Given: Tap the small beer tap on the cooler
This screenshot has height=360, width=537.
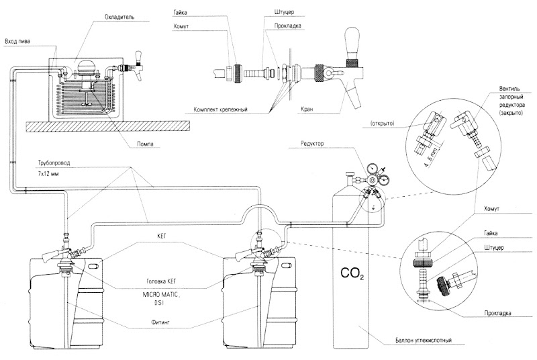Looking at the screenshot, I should (x=140, y=64).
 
